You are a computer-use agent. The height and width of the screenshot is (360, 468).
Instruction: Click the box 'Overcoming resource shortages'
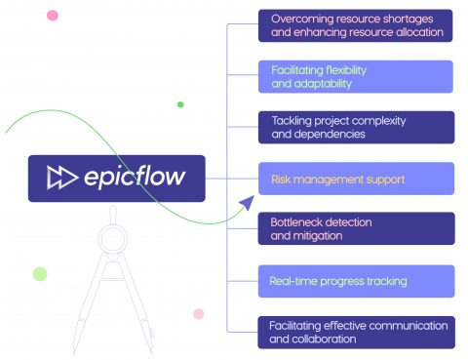(356, 25)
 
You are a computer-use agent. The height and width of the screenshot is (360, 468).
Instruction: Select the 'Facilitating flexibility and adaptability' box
(356, 76)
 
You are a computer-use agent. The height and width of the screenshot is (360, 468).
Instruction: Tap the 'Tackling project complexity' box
(356, 127)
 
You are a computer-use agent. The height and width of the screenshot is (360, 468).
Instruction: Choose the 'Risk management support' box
(356, 179)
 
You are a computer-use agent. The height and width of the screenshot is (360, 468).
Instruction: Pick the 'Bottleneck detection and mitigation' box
(356, 229)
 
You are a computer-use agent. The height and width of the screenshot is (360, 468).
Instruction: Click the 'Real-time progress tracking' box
(356, 280)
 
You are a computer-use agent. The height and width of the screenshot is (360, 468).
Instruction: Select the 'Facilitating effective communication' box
(356, 332)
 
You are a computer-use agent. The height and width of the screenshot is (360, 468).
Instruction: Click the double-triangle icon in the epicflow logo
(61, 179)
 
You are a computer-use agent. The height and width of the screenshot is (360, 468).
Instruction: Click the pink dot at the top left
(52, 15)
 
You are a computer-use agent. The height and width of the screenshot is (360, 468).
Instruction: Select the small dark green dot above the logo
(180, 104)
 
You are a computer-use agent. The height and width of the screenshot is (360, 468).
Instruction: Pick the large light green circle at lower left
(40, 273)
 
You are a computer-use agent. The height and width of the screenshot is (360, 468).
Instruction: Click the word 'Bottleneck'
(296, 222)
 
